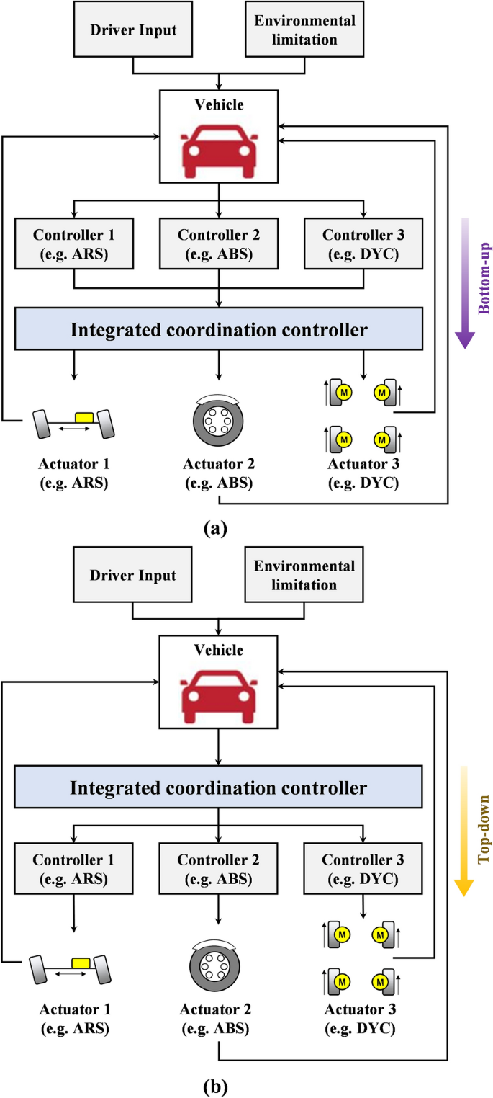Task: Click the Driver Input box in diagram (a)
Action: [x=133, y=30]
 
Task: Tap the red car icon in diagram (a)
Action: [x=218, y=150]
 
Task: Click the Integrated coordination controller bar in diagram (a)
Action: [x=218, y=331]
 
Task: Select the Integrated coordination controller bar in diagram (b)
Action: [x=218, y=787]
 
